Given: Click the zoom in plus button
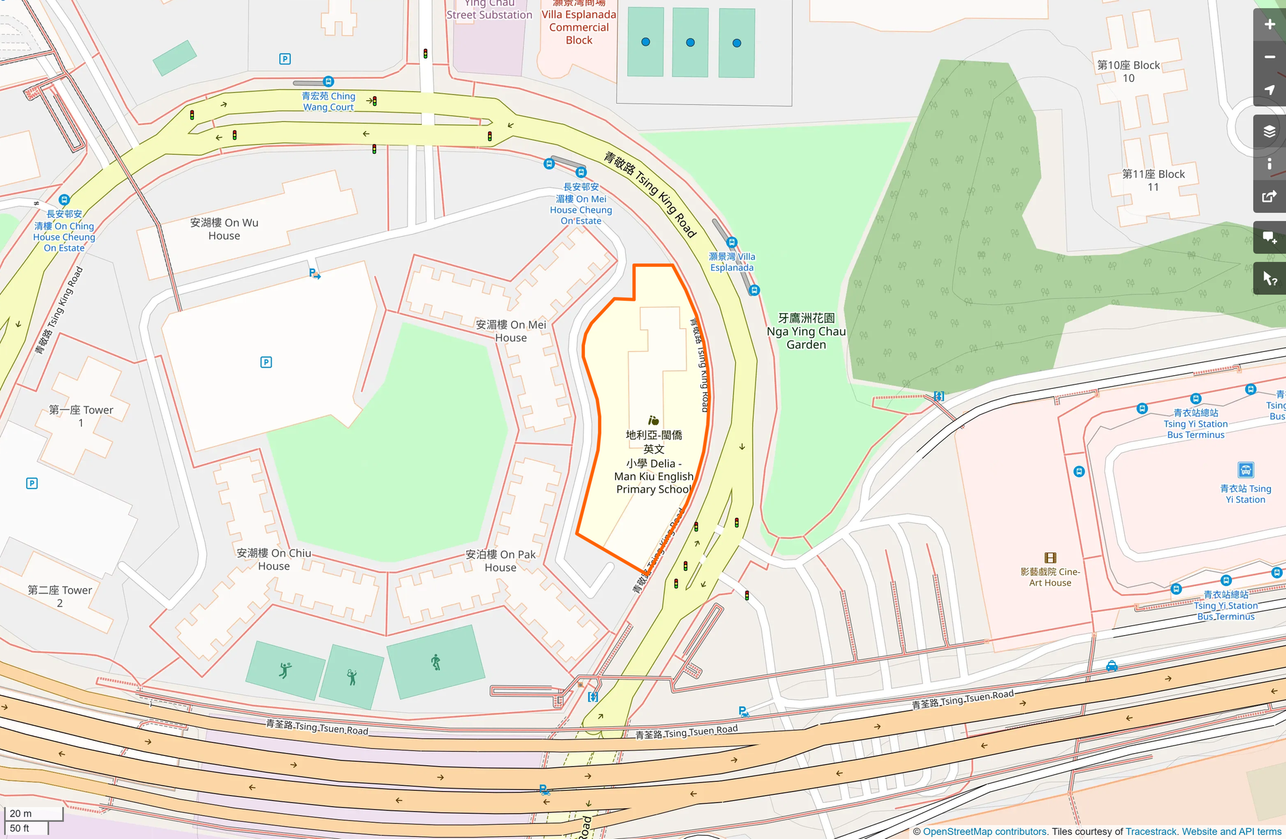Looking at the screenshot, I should pyautogui.click(x=1269, y=25).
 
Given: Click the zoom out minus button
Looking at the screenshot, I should pyautogui.click(x=1269, y=57).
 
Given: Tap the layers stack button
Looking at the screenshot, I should pyautogui.click(x=1269, y=131).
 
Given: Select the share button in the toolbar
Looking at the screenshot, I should pyautogui.click(x=1269, y=196).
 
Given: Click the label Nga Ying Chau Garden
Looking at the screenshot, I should pyautogui.click(x=806, y=332).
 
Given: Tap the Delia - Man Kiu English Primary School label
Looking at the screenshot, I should pyautogui.click(x=653, y=462).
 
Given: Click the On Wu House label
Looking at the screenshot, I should pyautogui.click(x=224, y=229).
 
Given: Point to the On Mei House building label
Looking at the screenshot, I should pyautogui.click(x=511, y=331).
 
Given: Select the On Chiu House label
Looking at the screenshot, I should pyautogui.click(x=274, y=559).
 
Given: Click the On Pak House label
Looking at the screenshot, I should pyautogui.click(x=500, y=561).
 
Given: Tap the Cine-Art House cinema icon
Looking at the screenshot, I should pyautogui.click(x=1050, y=557).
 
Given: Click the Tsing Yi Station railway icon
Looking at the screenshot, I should pyautogui.click(x=1245, y=470).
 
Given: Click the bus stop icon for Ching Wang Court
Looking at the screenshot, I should pyautogui.click(x=328, y=81).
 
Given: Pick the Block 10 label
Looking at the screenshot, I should pyautogui.click(x=1128, y=72).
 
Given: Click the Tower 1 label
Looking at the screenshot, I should pyautogui.click(x=81, y=416).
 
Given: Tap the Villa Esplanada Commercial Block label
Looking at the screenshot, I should pyautogui.click(x=579, y=26).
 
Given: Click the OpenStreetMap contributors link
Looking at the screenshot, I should pyautogui.click(x=984, y=831).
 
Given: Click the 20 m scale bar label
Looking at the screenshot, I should pyautogui.click(x=20, y=813).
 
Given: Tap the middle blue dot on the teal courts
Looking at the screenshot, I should pyautogui.click(x=690, y=42).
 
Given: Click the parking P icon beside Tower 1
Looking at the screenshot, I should pyautogui.click(x=31, y=483).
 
